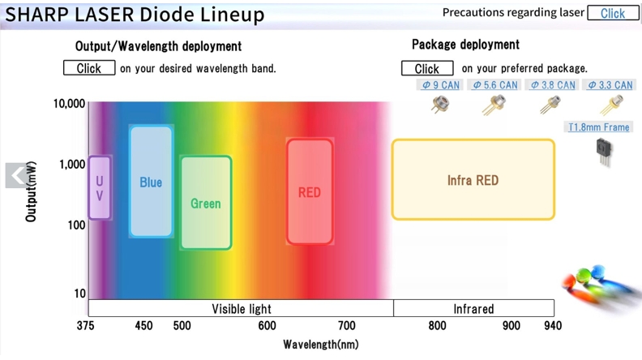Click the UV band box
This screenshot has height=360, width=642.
pos(100,187)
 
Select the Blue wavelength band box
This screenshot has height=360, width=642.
pos(151,182)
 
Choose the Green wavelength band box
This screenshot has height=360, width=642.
pos(206,203)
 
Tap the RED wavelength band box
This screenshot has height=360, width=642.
pos(310,191)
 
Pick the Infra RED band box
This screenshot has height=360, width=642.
pos(473,180)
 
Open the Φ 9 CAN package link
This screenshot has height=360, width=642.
pos(440,85)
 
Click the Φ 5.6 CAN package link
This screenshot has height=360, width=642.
pos(494,85)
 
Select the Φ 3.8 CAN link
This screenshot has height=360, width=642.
pos(552,85)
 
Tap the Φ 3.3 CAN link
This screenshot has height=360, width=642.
pos(610,85)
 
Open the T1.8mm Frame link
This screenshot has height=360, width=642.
pos(598,127)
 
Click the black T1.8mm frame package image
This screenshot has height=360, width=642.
pos(605,152)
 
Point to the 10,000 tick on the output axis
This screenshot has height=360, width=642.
pos(69,104)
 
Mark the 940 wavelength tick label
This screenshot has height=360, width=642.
pos(553,326)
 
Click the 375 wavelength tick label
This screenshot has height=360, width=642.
pos(86,326)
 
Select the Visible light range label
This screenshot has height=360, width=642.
pos(242,308)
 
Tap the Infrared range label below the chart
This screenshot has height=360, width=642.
pos(473,308)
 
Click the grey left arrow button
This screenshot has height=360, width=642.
pos(16,175)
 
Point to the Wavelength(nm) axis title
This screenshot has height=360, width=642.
pos(321,345)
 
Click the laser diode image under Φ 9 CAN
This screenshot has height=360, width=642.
pos(440,105)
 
